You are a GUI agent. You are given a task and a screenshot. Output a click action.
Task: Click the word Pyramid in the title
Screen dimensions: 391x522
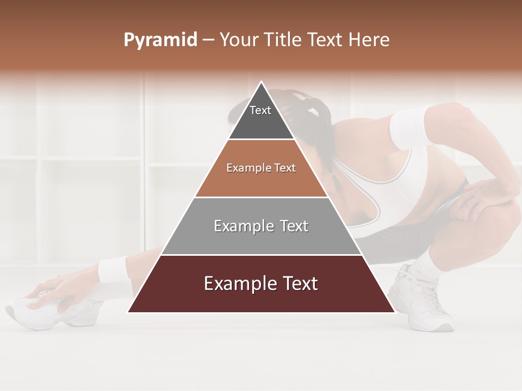point(160,40)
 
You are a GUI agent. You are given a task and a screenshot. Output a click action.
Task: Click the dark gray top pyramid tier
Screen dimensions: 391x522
point(261,122)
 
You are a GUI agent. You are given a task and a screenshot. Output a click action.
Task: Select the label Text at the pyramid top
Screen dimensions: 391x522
point(260,110)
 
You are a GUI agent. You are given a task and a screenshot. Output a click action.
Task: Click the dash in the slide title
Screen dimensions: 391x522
point(208,40)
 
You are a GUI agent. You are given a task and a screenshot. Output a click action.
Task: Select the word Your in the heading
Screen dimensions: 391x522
point(238,40)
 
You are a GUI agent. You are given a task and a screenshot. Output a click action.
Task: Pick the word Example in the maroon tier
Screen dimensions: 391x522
point(238,283)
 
